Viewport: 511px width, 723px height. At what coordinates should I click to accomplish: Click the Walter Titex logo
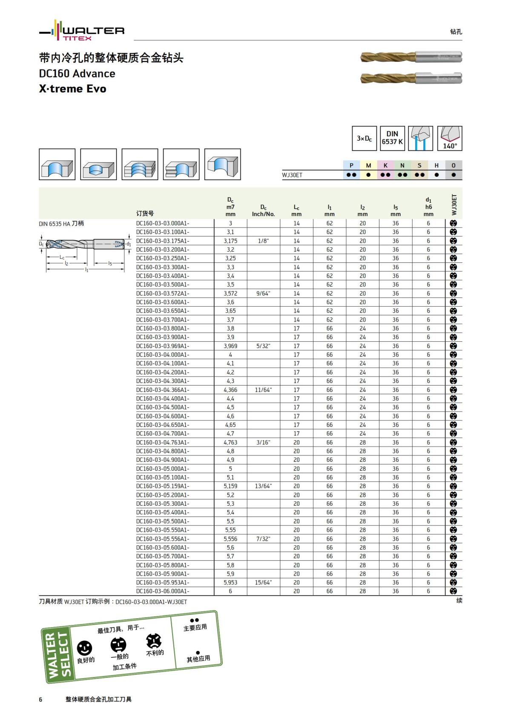click(x=82, y=31)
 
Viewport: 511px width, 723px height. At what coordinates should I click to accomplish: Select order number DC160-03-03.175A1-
click(x=162, y=241)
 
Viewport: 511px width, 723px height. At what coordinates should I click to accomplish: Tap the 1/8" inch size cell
click(x=263, y=241)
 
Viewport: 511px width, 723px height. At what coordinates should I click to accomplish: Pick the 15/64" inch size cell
click(x=263, y=582)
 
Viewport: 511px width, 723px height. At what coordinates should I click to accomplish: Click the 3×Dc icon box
click(x=364, y=138)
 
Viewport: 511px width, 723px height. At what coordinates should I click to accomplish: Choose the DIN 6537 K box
click(x=392, y=138)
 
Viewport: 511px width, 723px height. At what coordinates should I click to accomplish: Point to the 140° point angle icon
click(x=450, y=138)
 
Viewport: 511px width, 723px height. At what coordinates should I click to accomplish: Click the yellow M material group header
click(x=368, y=165)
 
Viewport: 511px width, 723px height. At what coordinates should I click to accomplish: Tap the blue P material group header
click(x=351, y=165)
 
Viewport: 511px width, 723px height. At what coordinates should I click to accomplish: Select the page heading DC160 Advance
click(x=77, y=74)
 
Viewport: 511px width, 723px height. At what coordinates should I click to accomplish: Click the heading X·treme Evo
click(x=73, y=89)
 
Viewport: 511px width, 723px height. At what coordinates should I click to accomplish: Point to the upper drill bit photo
click(x=411, y=57)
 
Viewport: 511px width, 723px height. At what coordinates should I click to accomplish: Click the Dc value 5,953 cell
click(x=230, y=582)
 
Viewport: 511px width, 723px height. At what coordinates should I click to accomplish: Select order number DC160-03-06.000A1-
click(x=162, y=591)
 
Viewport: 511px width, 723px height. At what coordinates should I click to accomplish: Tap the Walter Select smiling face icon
click(x=84, y=648)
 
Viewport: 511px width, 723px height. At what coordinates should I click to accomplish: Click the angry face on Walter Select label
click(x=154, y=641)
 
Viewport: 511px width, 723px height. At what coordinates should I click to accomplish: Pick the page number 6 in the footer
click(x=41, y=699)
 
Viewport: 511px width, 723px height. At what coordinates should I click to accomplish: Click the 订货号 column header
click(x=145, y=213)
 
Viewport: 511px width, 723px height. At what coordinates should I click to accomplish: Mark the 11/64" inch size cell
click(x=263, y=390)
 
